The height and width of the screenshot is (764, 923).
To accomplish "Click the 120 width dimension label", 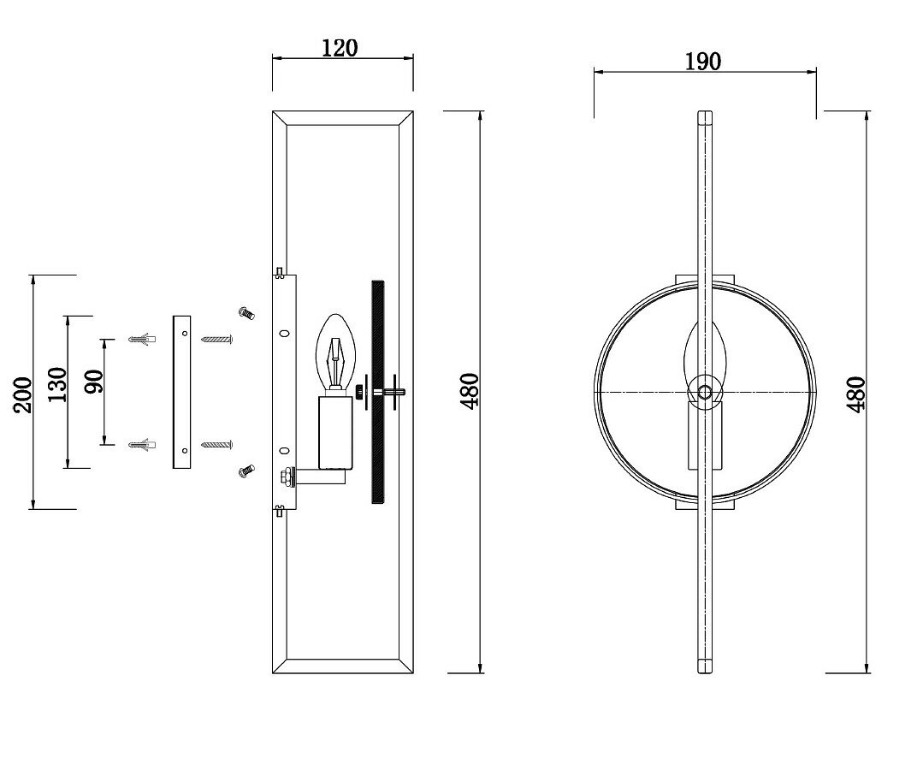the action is [x=340, y=48].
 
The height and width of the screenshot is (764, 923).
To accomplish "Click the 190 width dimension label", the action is [x=703, y=62].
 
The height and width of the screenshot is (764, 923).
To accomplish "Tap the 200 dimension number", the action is [x=23, y=394].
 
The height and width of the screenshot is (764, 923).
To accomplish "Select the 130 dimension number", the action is [x=57, y=386].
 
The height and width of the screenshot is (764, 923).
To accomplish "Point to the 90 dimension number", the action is [x=93, y=381].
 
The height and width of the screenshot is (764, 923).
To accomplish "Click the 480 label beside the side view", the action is [x=469, y=391].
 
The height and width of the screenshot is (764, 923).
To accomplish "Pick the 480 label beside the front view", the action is [x=856, y=394].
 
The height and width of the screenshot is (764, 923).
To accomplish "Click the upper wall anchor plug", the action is [x=141, y=340].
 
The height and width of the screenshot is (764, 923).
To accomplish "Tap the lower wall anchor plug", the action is [x=141, y=445].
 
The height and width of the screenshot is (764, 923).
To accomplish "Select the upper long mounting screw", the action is [x=217, y=340].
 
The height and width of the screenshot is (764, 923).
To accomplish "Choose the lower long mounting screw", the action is [x=217, y=445].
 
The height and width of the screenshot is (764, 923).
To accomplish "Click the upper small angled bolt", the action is [x=246, y=313].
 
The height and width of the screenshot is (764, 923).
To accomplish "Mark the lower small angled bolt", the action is [x=246, y=470].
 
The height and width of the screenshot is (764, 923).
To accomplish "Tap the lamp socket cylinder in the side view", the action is [x=334, y=432].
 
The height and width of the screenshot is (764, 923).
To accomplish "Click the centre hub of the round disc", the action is [x=704, y=392].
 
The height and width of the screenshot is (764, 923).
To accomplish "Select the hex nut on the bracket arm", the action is [x=285, y=476].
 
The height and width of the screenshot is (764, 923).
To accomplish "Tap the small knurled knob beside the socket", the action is [x=359, y=392].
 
